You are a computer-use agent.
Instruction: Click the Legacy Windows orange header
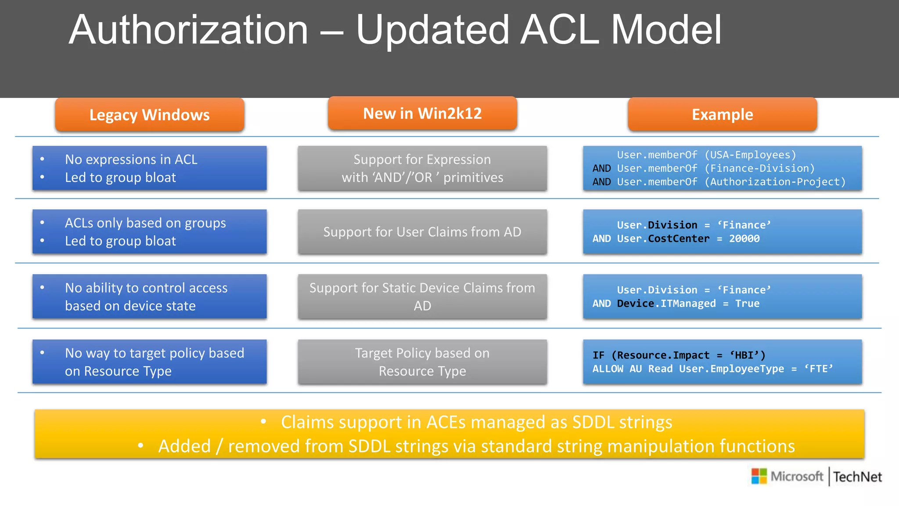[149, 115]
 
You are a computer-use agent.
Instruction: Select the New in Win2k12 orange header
[422, 113]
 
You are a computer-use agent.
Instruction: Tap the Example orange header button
[722, 114]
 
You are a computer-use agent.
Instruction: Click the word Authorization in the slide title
[188, 30]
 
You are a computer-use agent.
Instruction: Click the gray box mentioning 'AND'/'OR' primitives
[422, 168]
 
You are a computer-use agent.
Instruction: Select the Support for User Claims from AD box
[422, 232]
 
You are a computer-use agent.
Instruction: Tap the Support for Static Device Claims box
[422, 296]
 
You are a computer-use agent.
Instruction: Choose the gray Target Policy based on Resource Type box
[422, 362]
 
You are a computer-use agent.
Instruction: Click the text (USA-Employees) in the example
[750, 155]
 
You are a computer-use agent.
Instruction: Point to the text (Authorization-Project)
[775, 182]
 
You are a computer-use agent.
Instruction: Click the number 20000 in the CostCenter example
[744, 239]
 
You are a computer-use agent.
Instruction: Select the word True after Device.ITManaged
[747, 304]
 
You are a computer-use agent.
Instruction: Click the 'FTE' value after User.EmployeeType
[818, 369]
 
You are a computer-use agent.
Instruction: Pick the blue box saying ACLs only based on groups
[149, 232]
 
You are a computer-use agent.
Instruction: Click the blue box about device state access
[149, 296]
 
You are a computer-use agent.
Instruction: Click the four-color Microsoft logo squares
[759, 476]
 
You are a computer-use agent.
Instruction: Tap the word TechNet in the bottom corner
[857, 477]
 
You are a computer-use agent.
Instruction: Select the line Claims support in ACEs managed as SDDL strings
[476, 422]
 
